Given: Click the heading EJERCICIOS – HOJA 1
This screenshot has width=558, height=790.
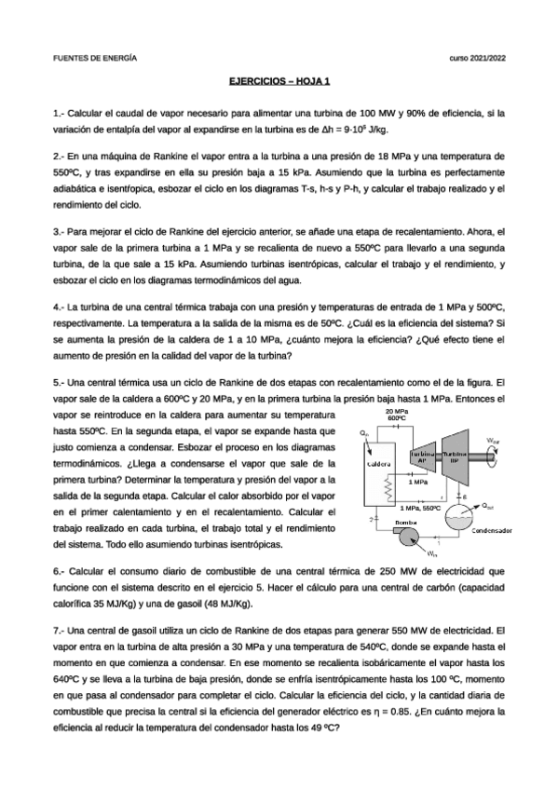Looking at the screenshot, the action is coord(279,82).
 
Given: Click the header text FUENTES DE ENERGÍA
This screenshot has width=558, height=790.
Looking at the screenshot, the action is coord(95,58).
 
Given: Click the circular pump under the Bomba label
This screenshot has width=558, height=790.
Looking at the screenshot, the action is coord(407,538).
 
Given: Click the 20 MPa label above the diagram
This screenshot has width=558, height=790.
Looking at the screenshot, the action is coord(396,411).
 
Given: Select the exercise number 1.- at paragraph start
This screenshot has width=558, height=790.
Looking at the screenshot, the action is coord(59,113).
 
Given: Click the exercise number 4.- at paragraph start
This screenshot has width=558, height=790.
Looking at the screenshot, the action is coord(59,306).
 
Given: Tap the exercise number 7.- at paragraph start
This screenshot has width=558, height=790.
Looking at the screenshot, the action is coord(59,631).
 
